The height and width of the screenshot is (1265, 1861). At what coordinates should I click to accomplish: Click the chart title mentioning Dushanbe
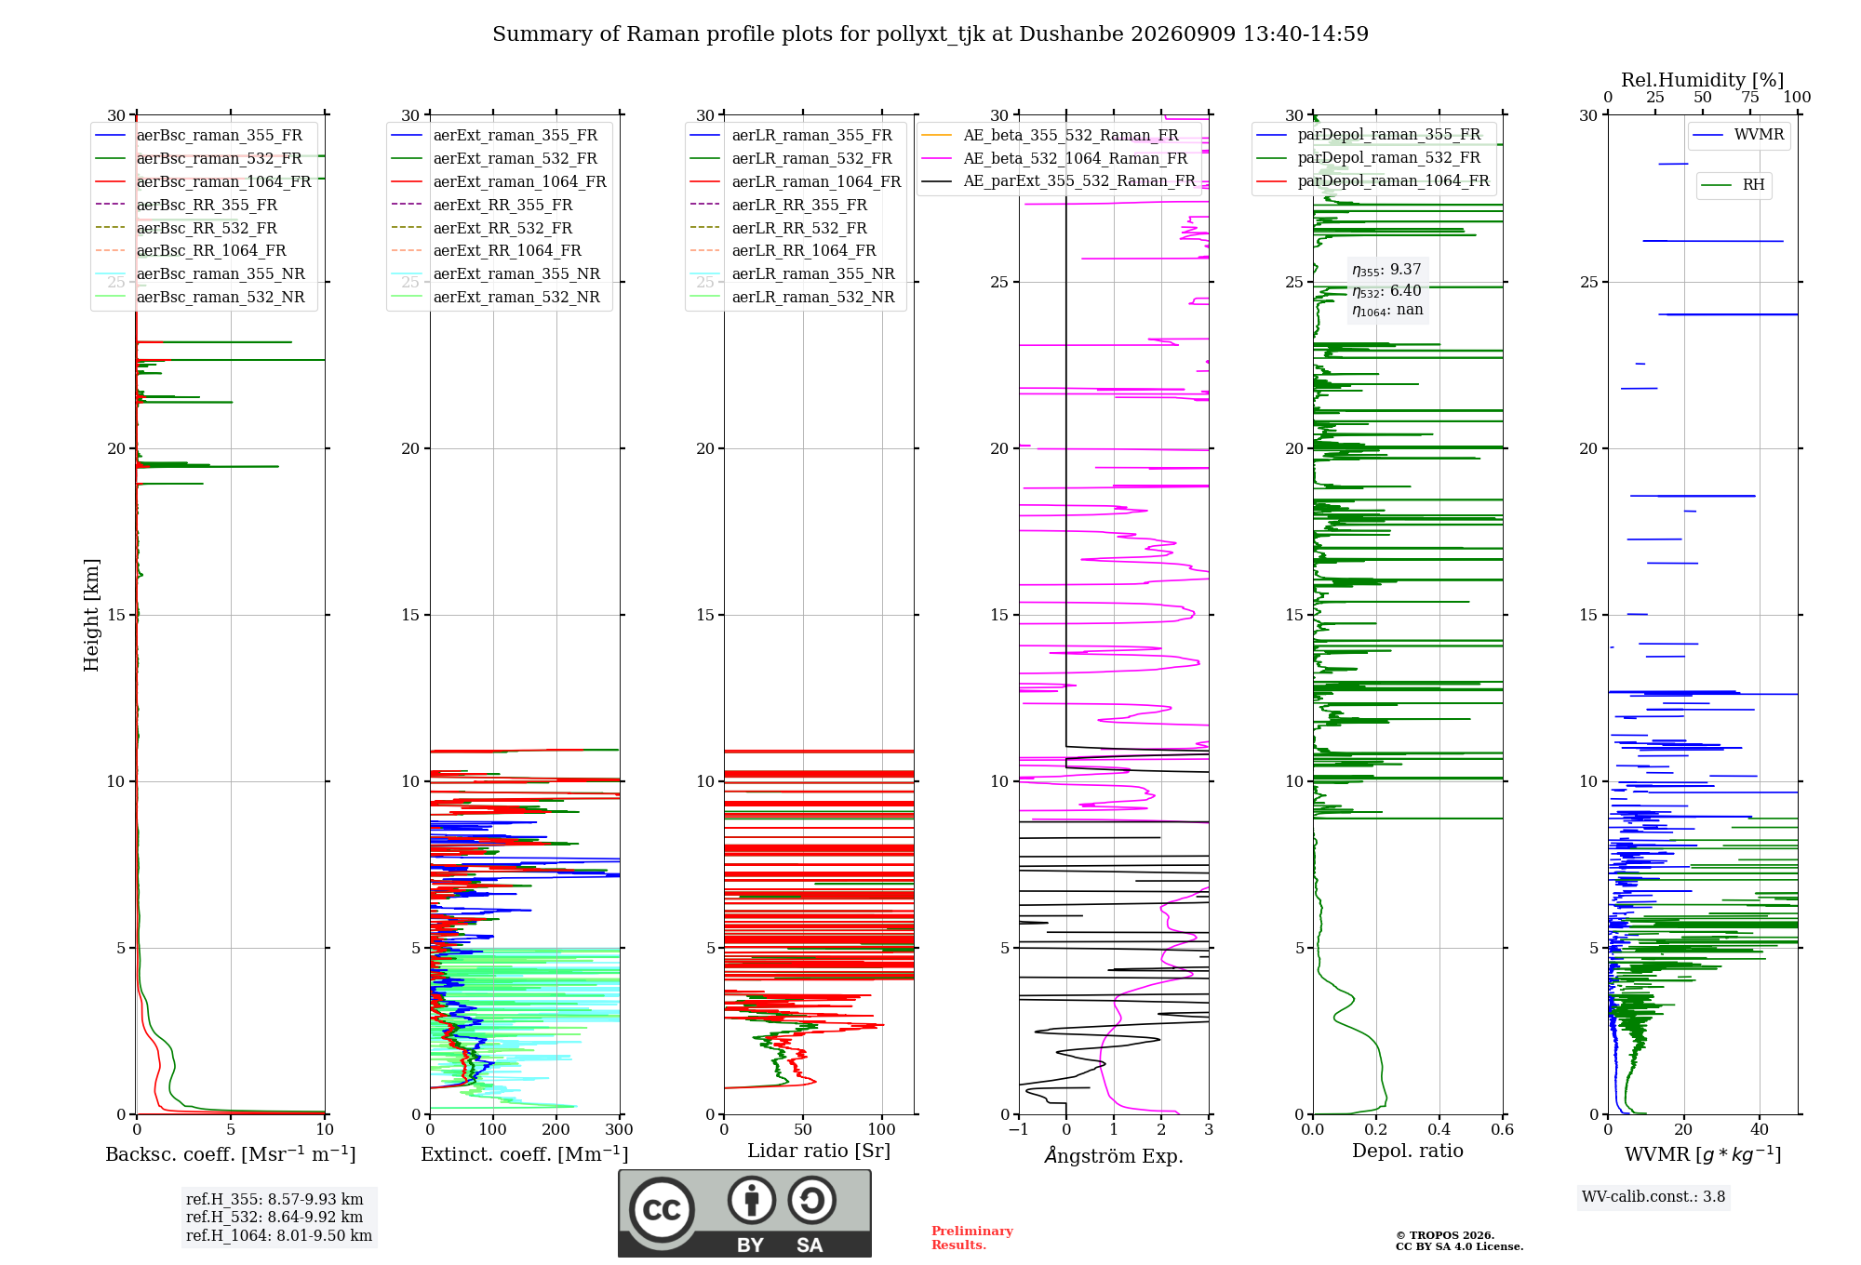tap(930, 34)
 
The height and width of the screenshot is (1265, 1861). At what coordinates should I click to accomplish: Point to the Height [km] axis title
tap(91, 615)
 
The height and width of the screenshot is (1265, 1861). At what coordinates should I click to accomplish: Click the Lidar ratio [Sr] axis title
tap(819, 1151)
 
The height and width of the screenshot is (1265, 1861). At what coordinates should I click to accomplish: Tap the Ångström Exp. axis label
tap(1114, 1155)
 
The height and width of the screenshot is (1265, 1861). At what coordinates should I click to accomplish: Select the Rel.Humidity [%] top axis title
tap(1703, 80)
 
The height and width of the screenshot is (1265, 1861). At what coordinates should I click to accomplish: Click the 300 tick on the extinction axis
tap(620, 1130)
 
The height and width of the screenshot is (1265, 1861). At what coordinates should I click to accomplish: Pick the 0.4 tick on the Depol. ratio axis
tap(1439, 1130)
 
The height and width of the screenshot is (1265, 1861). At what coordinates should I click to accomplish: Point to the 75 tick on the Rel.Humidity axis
tap(1750, 97)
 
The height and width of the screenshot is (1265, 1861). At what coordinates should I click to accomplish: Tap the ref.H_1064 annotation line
tap(279, 1235)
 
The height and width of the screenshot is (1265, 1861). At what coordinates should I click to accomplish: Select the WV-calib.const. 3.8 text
tap(1653, 1197)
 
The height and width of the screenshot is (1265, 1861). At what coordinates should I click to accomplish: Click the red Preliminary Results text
tap(972, 1238)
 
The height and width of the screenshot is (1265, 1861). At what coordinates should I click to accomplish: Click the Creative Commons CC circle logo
tap(662, 1210)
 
